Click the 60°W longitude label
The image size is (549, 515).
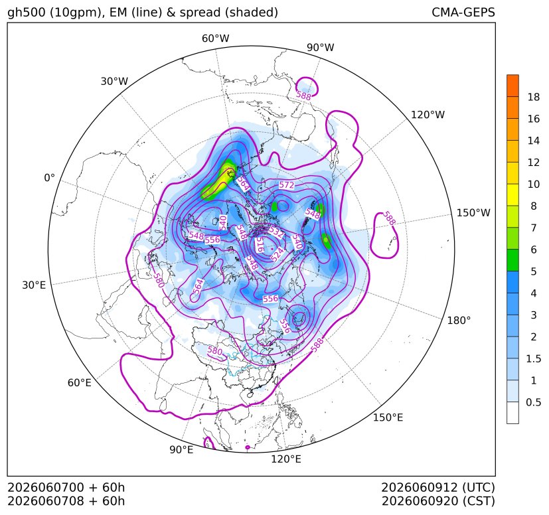point(215,38)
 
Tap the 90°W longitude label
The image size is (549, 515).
point(321,47)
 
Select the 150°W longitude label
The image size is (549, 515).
point(473,213)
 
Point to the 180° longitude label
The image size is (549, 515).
point(459,320)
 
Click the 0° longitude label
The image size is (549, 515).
point(49,178)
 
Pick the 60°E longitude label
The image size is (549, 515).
point(80,383)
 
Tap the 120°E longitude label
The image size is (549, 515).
point(286,459)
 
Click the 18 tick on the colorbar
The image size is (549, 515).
point(534,97)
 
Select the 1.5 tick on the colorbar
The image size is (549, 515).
point(533,358)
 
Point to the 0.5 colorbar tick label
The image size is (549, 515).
point(533,402)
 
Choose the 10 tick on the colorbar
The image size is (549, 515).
point(534,184)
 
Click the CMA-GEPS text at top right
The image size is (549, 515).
point(463,12)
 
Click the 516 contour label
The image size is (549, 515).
point(260,245)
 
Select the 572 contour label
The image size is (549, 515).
point(286,185)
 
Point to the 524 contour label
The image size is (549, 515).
point(277,255)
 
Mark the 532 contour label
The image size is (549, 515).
point(276,232)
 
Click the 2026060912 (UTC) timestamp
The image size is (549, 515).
point(438,487)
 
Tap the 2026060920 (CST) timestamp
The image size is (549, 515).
point(438,501)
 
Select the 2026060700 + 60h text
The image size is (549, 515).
point(66,487)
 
